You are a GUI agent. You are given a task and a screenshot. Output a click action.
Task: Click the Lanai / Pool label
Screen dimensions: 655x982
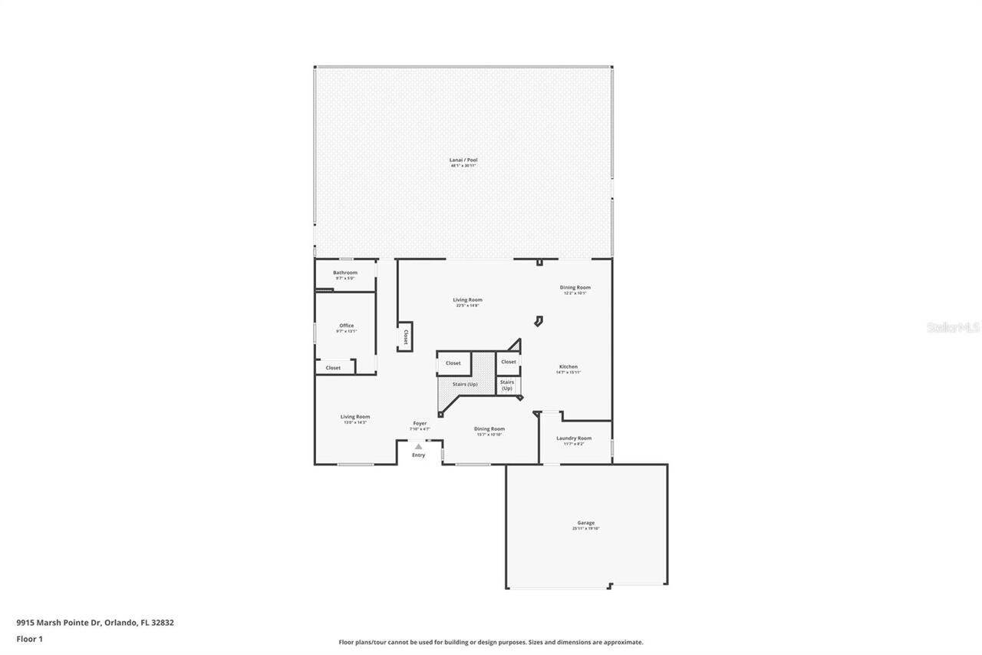pos(463,160)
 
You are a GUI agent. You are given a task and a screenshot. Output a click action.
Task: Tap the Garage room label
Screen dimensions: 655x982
pos(585,523)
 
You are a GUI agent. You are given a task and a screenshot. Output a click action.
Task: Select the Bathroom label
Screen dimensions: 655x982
pos(345,273)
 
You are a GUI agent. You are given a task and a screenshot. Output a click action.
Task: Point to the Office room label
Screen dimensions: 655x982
pos(347,326)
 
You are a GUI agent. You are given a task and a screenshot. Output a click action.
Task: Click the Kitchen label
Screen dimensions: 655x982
pos(568,367)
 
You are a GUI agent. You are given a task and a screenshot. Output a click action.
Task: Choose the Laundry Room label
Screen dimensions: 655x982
pos(574,438)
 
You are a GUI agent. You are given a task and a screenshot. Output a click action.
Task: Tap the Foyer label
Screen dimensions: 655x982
pos(420,423)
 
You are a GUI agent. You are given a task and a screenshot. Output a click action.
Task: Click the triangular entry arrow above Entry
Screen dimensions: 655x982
pos(418,446)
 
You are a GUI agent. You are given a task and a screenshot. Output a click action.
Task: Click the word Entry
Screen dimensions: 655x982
pos(418,455)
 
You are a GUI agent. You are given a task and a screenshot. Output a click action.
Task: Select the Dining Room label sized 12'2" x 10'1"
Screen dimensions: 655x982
pos(575,288)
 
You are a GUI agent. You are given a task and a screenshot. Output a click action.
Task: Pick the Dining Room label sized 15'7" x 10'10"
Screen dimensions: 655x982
pos(489,429)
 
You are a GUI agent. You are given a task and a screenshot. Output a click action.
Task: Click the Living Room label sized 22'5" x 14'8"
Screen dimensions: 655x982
pos(467,300)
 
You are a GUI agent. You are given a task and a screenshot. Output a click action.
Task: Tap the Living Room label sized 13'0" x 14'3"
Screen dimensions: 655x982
pos(355,417)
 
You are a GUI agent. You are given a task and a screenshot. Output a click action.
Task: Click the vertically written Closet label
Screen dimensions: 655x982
pos(405,337)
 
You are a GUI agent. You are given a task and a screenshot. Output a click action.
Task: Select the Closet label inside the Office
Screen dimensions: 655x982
pos(333,368)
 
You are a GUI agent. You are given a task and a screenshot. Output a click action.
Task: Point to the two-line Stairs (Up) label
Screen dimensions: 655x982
pos(507,385)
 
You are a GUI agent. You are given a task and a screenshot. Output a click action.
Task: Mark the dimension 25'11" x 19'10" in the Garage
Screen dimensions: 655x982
pos(585,528)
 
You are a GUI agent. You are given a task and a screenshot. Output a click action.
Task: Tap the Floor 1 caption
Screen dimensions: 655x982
pos(30,638)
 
